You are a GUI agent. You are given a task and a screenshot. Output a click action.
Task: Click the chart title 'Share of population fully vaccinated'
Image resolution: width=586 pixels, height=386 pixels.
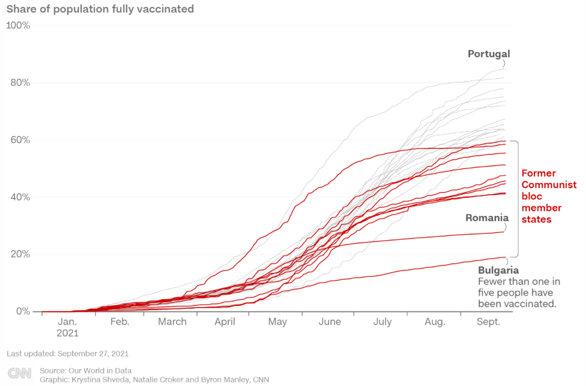[100, 9]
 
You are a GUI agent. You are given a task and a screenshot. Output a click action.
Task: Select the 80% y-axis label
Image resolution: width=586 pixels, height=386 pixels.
[20, 82]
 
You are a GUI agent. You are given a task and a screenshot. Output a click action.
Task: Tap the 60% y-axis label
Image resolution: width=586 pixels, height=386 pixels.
[20, 140]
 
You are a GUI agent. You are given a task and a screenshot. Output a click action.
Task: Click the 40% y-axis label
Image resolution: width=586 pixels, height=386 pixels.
[20, 197]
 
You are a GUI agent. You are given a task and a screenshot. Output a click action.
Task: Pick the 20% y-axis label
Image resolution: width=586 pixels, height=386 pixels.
[20, 254]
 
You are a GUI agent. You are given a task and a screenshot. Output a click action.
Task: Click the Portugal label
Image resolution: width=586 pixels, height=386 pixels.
[489, 54]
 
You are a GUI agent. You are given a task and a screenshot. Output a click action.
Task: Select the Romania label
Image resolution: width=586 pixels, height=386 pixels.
[487, 217]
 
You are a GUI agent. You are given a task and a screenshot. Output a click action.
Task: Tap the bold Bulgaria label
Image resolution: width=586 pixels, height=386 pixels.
[498, 270]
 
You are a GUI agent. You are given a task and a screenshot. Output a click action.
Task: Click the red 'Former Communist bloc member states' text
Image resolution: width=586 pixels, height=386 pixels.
[549, 196]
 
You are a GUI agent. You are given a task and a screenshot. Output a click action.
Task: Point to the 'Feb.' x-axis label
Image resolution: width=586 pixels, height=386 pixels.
[119, 322]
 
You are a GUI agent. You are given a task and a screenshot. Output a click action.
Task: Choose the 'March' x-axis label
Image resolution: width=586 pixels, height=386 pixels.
[172, 322]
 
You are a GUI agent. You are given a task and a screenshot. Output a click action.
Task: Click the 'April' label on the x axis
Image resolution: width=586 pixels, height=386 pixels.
[225, 322]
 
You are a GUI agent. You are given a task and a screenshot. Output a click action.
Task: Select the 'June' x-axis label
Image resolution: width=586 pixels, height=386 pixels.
[330, 322]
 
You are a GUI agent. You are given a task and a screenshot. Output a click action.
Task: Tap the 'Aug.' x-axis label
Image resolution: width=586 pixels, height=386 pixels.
[435, 322]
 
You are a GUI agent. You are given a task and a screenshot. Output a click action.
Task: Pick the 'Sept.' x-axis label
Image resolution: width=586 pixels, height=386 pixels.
[488, 322]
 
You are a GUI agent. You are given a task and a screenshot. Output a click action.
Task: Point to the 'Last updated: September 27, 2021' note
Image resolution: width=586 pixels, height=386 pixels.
[67, 354]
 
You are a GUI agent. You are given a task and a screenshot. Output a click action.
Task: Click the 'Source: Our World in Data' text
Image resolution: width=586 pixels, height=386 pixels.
[86, 370]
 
